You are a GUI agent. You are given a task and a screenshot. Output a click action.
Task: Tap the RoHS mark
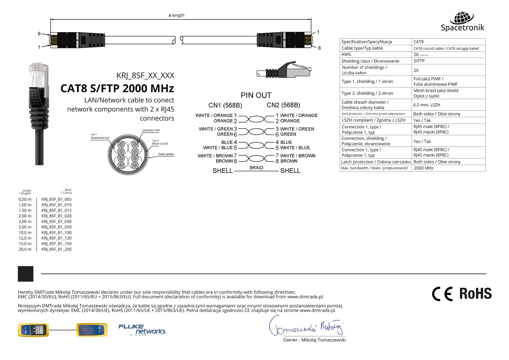click(x=475, y=293)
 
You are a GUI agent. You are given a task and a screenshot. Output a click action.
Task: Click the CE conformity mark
click(x=442, y=294)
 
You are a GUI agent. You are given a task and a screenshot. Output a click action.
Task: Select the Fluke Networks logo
click(x=142, y=330)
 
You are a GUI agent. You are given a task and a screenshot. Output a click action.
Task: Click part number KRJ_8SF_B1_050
click(x=56, y=227)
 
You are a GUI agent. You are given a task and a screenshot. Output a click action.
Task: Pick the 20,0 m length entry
click(x=25, y=249)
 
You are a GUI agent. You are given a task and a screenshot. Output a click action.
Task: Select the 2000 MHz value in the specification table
click(x=423, y=168)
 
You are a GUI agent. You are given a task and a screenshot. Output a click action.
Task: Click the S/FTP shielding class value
click(x=419, y=61)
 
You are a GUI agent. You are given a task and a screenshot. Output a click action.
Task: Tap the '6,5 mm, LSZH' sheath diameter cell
click(x=427, y=105)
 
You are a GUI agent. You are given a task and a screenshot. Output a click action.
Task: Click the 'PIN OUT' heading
click(x=256, y=95)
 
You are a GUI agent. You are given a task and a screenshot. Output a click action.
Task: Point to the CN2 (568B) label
click(x=283, y=105)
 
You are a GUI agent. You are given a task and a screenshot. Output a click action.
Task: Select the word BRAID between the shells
click(x=256, y=168)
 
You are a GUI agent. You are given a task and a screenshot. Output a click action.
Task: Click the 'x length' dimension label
click(x=177, y=15)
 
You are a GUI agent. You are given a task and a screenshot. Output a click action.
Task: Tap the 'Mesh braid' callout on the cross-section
click(x=160, y=144)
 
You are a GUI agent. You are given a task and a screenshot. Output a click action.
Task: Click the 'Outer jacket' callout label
click(x=166, y=154)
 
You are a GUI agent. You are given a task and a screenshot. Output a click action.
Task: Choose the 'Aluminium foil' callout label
click(x=100, y=138)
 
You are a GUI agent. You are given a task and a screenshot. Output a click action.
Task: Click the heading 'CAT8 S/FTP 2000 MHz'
click(x=117, y=88)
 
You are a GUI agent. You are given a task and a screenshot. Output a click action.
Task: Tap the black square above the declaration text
click(x=25, y=274)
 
